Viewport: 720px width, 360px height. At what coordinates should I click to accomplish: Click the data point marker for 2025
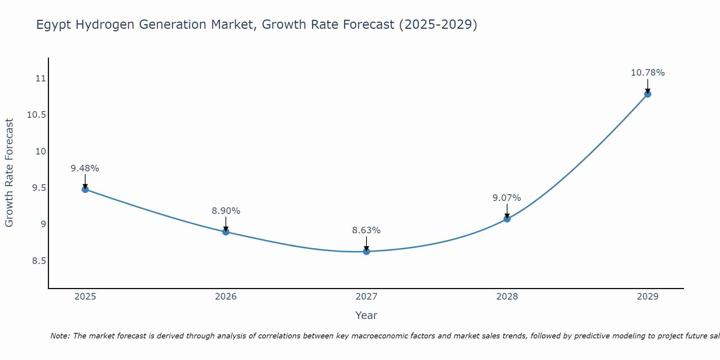coord(85,189)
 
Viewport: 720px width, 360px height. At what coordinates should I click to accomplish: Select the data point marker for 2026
coord(226,232)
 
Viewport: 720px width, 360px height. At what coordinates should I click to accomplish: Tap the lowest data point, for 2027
coord(366,252)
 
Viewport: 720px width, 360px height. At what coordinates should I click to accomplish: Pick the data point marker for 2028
coord(507,219)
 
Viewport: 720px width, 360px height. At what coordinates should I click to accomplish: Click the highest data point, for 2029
coord(648,94)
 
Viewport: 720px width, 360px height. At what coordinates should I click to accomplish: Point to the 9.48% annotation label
coord(85,168)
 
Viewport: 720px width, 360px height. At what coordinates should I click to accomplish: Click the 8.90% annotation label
coord(226,211)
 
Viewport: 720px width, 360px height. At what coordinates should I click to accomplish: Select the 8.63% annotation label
coord(366,230)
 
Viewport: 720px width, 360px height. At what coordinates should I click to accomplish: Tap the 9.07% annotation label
coord(507,198)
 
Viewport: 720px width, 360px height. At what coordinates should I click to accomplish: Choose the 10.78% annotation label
coord(648,73)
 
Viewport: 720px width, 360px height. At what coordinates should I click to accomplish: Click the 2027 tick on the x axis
coord(366,297)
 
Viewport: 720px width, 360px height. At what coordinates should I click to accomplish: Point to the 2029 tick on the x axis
coord(648,297)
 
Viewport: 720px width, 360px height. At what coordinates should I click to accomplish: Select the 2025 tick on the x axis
coord(85,297)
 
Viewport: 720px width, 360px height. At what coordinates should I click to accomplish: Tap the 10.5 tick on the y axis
coord(37,115)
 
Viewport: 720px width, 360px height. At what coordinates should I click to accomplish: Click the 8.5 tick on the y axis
coord(39,261)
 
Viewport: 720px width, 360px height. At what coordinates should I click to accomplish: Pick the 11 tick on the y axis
coord(41,78)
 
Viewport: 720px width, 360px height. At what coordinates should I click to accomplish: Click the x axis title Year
coord(366,315)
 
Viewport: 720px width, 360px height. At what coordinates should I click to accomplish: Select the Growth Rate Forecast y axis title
coord(9,173)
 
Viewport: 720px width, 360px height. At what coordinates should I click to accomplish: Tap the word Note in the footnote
coord(60,336)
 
